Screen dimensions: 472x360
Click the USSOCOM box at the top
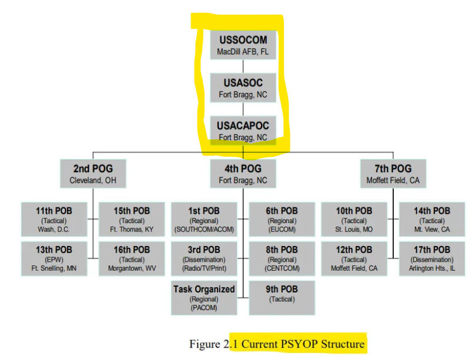pos(243,45)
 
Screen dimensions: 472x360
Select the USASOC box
pos(243,88)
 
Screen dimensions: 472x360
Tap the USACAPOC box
pos(243,131)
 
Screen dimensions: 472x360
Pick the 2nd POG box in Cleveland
pos(93,173)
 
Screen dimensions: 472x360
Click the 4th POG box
pos(243,173)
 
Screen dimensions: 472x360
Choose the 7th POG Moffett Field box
pos(393,173)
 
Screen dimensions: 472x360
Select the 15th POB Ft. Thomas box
pos(132,219)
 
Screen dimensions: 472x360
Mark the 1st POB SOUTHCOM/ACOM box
pos(204,219)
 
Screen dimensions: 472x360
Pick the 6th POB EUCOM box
pos(282,219)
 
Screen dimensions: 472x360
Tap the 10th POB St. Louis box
pos(354,219)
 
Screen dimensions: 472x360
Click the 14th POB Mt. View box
pos(432,219)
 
